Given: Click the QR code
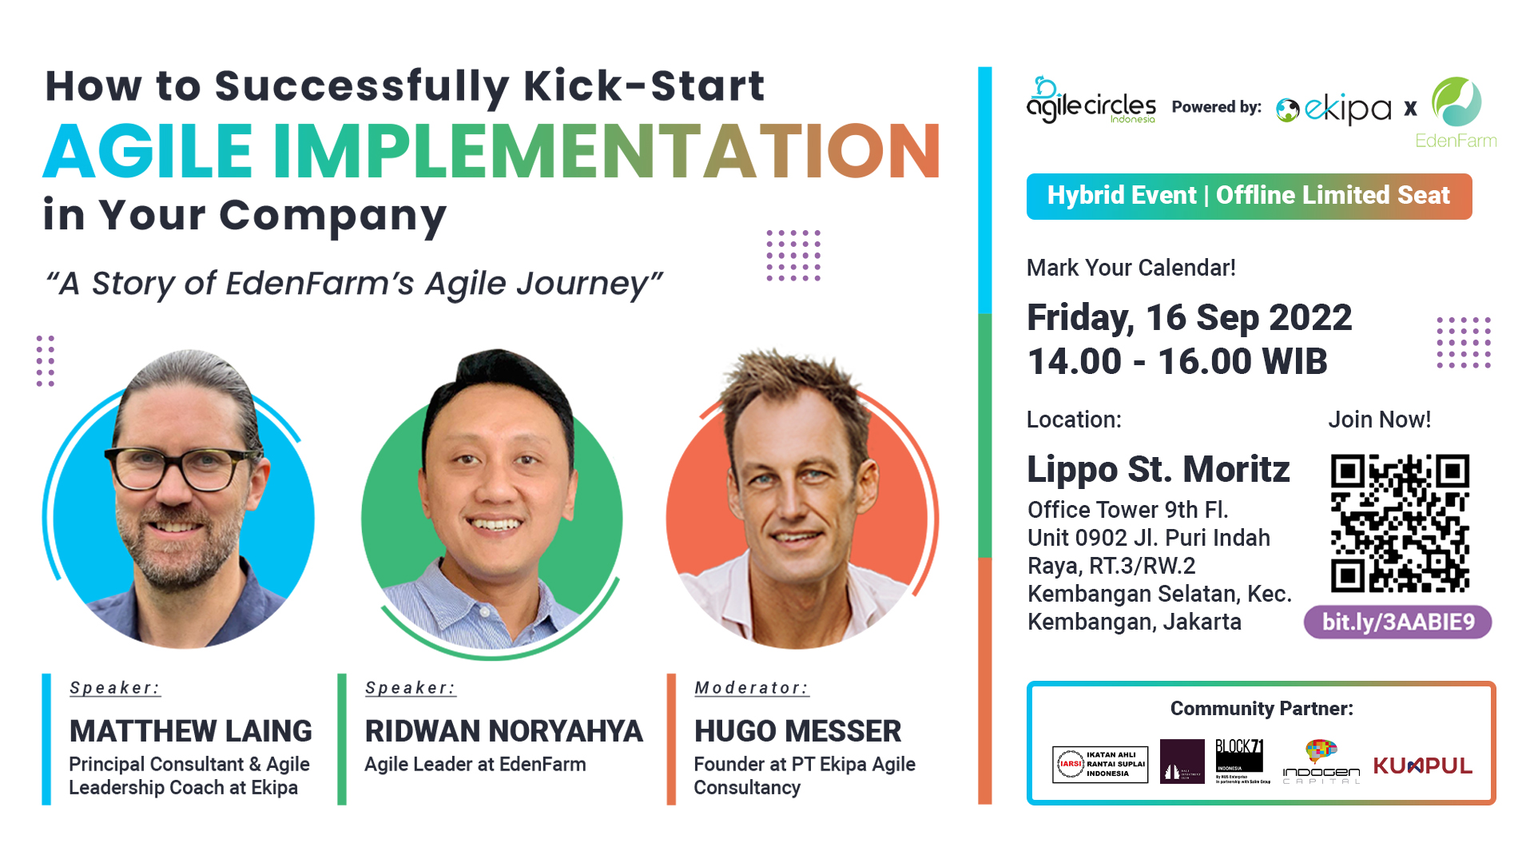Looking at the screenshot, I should [1400, 523].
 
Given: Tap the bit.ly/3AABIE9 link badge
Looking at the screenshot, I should [1397, 622].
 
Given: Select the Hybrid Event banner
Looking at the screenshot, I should [1248, 196].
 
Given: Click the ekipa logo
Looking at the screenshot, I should [1334, 109].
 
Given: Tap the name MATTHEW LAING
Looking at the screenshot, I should [190, 730].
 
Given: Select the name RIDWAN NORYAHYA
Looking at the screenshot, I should [503, 730].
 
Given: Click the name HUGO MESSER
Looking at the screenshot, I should [797, 730].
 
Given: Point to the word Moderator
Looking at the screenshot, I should [750, 687].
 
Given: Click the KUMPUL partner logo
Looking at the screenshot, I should [1422, 766].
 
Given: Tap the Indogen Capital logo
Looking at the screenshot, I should [1321, 763].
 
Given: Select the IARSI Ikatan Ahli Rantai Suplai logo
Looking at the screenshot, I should [1100, 764].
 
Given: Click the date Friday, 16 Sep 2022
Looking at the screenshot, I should [1189, 317].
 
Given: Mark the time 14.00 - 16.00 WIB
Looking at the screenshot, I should [1177, 361].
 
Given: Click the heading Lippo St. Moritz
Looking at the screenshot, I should [1158, 469].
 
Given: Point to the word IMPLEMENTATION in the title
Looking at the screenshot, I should [606, 151].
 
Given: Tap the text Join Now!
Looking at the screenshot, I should [1379, 420].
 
